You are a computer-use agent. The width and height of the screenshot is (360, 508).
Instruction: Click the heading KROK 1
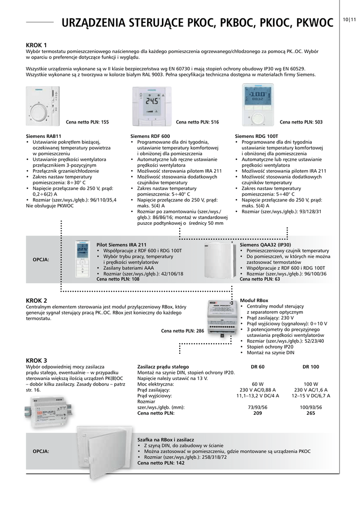click(36, 45)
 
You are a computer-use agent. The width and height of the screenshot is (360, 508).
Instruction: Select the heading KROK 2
click(36, 301)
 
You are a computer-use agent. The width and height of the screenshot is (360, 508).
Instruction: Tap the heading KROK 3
click(36, 360)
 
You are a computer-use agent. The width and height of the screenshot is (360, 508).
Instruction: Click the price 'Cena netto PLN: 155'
click(87, 122)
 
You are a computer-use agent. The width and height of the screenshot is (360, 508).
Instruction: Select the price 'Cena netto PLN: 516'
click(197, 122)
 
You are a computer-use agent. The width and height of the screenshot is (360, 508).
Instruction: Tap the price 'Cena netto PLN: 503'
click(301, 122)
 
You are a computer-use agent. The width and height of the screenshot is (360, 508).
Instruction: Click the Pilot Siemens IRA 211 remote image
click(82, 260)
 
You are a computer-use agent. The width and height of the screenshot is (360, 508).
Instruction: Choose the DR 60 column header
click(258, 367)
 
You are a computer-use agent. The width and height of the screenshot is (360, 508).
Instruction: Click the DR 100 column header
click(311, 367)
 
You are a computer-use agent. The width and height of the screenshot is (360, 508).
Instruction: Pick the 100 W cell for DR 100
click(311, 384)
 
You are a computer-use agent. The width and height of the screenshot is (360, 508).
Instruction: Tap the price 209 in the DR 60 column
click(258, 413)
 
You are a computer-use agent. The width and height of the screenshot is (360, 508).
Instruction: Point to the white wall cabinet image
click(104, 451)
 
